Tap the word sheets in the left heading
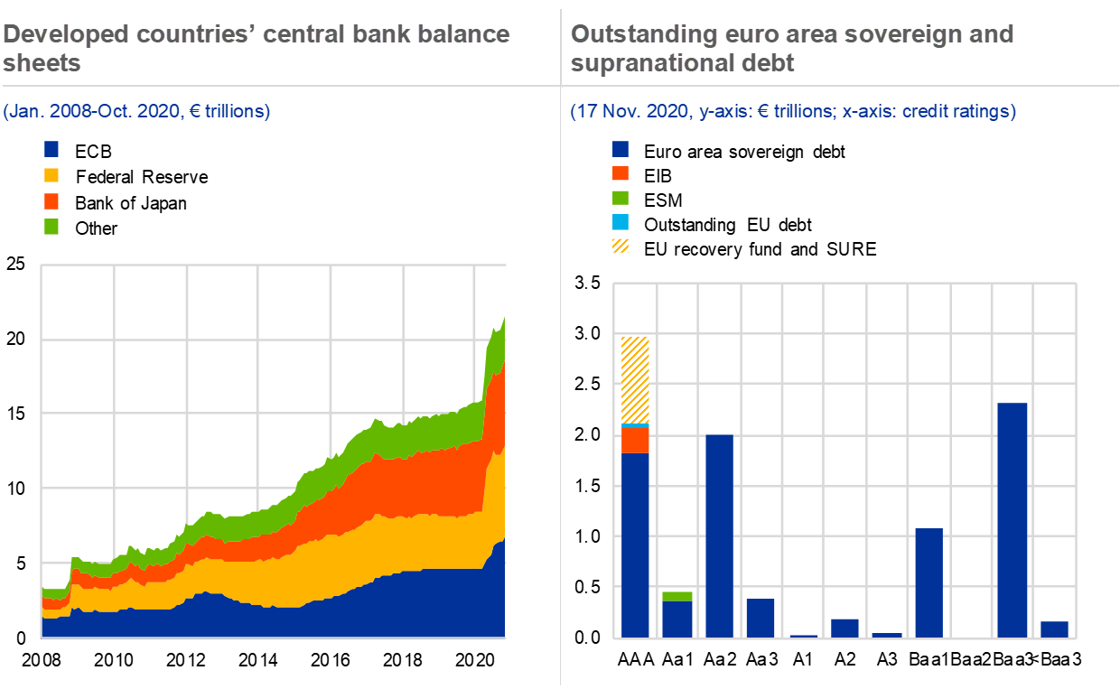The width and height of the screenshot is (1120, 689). coord(42,63)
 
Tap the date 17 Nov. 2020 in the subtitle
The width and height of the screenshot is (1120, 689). coord(626,112)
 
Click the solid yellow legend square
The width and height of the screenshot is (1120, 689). coord(51,175)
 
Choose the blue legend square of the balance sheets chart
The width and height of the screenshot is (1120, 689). coord(51,149)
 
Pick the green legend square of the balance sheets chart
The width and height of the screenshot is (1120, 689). coord(51,227)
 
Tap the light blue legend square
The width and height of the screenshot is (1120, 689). coord(621,222)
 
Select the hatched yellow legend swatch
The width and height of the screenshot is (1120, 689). coord(621,246)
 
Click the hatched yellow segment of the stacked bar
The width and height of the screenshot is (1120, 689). coord(636,379)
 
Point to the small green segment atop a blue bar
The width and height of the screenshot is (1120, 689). coord(677,596)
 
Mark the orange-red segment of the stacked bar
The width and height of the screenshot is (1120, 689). coord(636,440)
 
